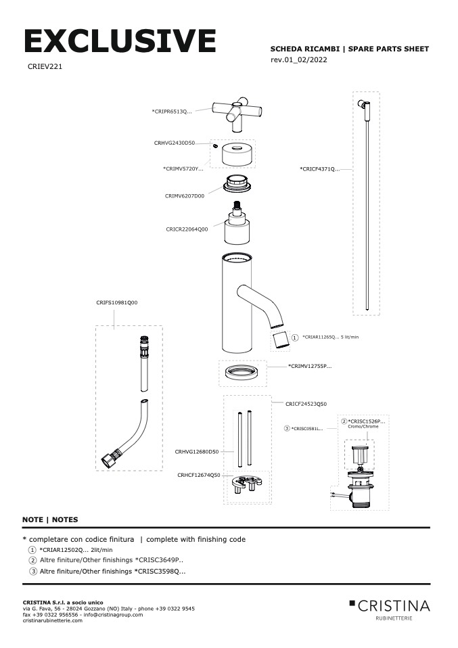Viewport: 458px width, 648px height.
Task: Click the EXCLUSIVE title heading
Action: (120, 41)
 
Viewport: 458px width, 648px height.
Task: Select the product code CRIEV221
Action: (45, 67)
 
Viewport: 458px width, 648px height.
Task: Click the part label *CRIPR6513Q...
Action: (172, 111)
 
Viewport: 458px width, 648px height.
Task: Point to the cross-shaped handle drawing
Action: (238, 112)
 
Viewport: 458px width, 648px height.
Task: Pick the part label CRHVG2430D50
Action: (175, 143)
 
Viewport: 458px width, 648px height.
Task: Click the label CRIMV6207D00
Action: (184, 195)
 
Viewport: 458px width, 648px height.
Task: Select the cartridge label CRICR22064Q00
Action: (187, 229)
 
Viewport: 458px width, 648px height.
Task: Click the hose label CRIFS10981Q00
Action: (116, 303)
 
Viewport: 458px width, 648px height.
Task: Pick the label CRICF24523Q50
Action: (306, 403)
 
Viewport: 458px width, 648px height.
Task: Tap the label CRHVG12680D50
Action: (197, 451)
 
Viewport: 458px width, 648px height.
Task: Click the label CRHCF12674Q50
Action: (199, 475)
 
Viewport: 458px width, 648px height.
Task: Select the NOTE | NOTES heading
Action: (50, 519)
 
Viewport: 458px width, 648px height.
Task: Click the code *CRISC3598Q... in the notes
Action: (160, 572)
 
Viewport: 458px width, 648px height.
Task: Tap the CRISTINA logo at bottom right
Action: (389, 605)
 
